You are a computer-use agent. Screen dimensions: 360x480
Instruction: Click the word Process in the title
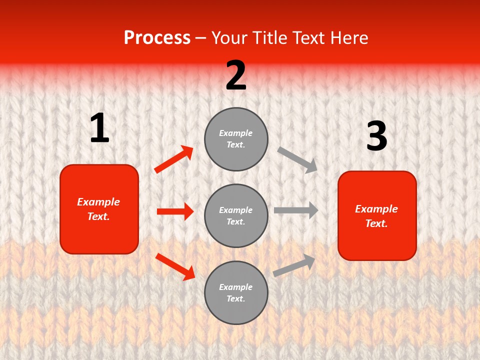pos(157,38)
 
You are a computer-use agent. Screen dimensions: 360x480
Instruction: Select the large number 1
pos(99,128)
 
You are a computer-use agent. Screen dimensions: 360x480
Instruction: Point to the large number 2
pos(236,75)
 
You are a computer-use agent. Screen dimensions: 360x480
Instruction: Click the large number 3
pos(376,136)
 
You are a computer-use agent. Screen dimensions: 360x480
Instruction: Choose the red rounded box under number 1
pos(99,209)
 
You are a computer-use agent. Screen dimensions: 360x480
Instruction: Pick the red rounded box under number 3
pos(377,216)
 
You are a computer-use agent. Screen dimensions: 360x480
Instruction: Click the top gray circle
pos(236,139)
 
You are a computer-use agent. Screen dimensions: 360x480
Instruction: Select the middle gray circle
pos(236,215)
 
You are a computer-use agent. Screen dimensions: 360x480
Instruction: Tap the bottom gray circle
pos(236,292)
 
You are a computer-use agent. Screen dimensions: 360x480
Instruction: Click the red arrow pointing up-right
pos(174,159)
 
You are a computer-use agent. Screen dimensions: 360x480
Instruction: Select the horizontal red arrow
pos(175,211)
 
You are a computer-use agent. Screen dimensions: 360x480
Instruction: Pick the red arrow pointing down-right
pos(175,266)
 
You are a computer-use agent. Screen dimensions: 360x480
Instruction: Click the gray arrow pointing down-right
pos(297,160)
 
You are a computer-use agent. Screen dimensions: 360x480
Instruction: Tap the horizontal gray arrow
pos(296,210)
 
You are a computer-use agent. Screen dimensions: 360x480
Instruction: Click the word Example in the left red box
pos(98,202)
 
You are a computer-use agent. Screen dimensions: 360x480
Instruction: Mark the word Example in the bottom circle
pos(236,287)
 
